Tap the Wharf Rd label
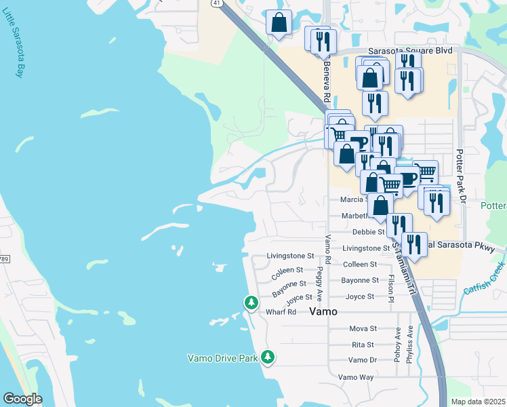pos(281,312)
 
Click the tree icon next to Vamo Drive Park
pos(268,356)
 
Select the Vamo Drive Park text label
pos(222,358)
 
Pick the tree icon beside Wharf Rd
pos(251,302)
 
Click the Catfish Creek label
pos(485,280)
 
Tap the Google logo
pos(22,399)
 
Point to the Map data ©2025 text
pos(477,402)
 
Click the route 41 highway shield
pos(216,3)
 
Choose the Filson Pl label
pos(390,288)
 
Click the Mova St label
pos(362,329)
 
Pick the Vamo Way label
pos(356,377)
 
